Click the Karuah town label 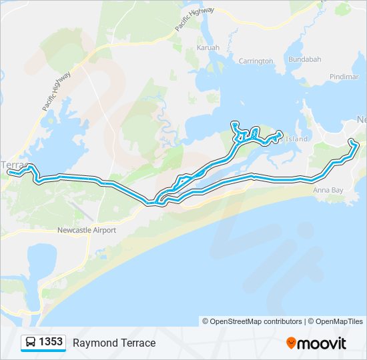tap(208, 48)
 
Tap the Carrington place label tap(257, 61)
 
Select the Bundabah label tap(305, 59)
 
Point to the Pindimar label tap(344, 77)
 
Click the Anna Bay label tap(328, 191)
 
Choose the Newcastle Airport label tap(87, 230)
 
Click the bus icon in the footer tap(31, 343)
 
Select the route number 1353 tap(51, 342)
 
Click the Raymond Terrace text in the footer tap(114, 343)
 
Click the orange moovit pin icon tap(292, 343)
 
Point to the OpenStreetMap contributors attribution tap(256, 321)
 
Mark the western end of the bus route tap(9, 173)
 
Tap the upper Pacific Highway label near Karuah tap(194, 20)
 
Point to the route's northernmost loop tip tap(234, 124)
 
